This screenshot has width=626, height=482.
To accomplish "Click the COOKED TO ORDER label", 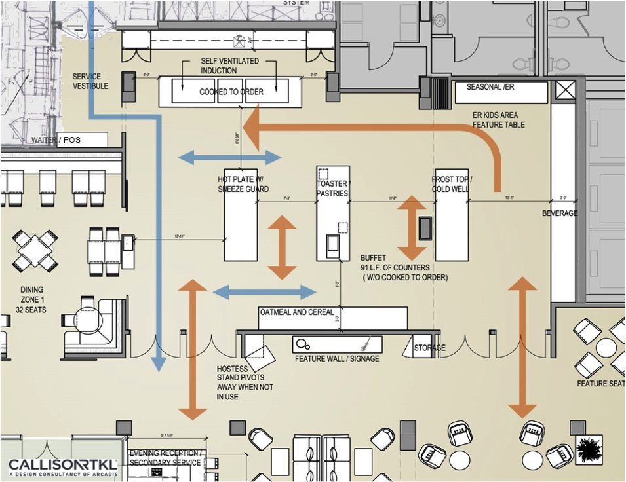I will click(x=231, y=92).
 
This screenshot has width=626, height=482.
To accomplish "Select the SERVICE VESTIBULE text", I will click(x=90, y=81).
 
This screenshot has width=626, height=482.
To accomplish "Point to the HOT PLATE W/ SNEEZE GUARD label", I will click(x=243, y=184).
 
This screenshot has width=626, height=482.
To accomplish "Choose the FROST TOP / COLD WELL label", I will click(x=452, y=184).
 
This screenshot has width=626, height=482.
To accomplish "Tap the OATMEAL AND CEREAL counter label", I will click(x=297, y=312).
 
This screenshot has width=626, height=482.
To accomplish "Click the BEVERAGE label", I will click(x=560, y=214).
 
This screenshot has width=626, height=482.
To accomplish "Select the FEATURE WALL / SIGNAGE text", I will click(x=337, y=359).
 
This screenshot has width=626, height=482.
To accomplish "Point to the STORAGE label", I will click(x=429, y=348).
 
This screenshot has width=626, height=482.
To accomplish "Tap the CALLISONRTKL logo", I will click(x=63, y=466).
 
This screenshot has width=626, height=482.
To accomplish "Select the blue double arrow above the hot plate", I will click(x=229, y=157).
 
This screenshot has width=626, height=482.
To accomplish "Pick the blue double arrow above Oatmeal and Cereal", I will click(x=265, y=292).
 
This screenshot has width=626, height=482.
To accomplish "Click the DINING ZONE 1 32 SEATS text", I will click(x=32, y=300).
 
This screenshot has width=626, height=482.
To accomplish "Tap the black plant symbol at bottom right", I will click(x=589, y=449).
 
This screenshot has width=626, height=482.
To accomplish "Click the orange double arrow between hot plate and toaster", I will click(x=283, y=247).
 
